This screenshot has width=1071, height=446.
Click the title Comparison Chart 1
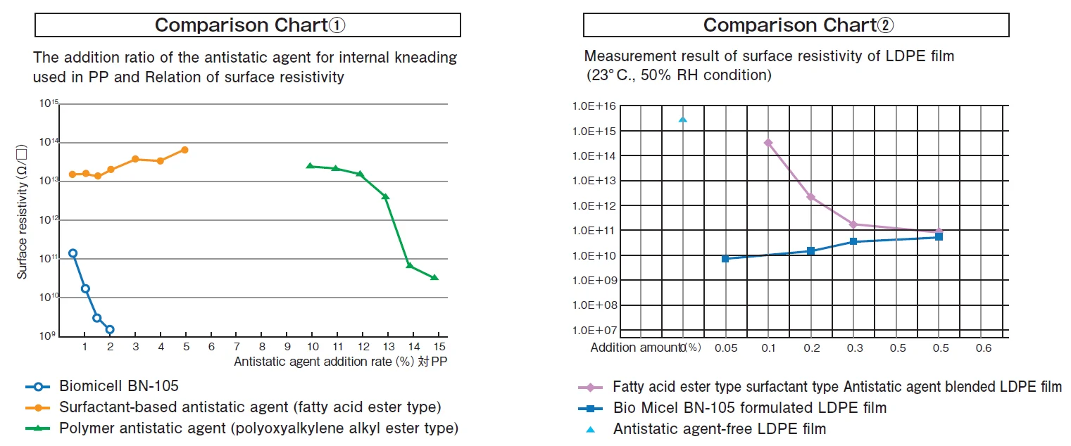click(248, 25)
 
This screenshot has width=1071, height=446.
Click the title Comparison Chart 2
click(796, 25)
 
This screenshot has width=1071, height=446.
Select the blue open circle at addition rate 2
click(110, 329)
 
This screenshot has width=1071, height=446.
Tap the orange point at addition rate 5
click(184, 150)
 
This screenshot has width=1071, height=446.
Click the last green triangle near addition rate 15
click(434, 277)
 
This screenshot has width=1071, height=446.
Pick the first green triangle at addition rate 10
click(310, 166)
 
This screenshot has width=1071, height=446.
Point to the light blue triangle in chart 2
click(682, 120)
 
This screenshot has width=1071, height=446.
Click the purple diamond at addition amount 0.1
click(768, 143)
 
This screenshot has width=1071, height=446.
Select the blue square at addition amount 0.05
click(725, 259)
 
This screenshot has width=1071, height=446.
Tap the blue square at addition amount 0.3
click(853, 241)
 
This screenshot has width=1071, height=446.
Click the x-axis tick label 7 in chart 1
click(236, 347)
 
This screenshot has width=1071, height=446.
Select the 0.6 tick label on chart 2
click(983, 348)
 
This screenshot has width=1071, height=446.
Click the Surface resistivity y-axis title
click(23, 212)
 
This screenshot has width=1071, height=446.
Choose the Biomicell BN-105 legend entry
click(118, 386)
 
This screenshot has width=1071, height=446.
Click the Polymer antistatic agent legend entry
click(258, 428)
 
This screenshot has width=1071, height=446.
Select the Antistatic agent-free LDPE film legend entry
click(719, 428)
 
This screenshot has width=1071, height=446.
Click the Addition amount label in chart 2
click(635, 348)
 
